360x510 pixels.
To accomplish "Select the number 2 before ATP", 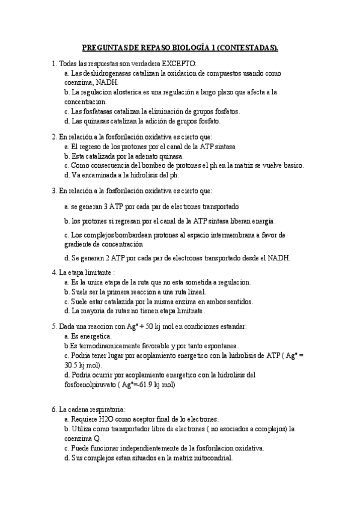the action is [114, 258].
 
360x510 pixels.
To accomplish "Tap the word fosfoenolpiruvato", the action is [93, 384].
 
